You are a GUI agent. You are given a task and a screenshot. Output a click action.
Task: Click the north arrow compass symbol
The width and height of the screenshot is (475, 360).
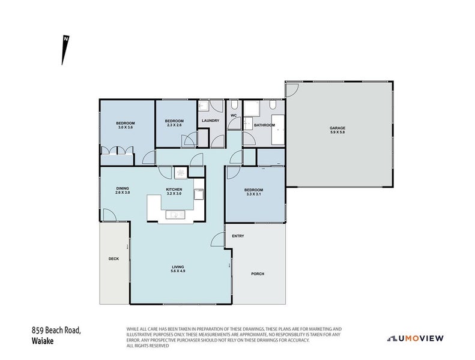[x=64, y=49]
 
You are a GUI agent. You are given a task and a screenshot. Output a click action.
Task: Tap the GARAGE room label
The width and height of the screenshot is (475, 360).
[x=337, y=127]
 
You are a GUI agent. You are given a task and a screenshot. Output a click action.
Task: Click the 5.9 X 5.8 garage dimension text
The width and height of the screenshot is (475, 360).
[x=337, y=132]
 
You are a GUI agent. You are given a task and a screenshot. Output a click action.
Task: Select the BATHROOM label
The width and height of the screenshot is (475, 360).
[x=264, y=125]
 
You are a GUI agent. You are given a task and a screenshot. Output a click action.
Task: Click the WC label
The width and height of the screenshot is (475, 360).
[x=234, y=115]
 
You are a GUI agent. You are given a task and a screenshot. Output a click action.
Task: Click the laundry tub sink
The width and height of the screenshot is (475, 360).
[x=202, y=107]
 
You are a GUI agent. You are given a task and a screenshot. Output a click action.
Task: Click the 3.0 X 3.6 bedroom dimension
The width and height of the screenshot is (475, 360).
[x=125, y=127]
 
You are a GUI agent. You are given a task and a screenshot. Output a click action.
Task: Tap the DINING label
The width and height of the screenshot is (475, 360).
[x=123, y=188]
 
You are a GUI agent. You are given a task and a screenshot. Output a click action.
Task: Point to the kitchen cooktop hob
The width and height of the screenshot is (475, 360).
[x=181, y=172]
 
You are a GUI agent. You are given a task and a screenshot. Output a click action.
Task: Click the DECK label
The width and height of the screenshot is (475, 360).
[x=113, y=259]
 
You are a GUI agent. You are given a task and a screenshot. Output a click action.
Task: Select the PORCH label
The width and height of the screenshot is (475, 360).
[x=258, y=274]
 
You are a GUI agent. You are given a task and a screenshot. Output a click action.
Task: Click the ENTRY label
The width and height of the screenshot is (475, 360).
[x=238, y=236]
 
